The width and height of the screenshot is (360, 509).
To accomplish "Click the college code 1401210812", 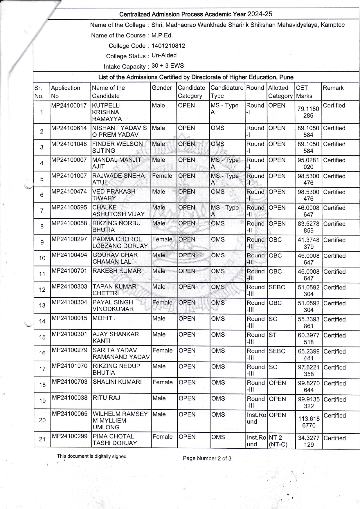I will [168, 46].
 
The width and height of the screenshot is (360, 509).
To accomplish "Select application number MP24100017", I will [69, 106].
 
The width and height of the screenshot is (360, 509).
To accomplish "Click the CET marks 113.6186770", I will [308, 422].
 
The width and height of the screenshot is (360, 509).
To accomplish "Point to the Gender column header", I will [162, 88].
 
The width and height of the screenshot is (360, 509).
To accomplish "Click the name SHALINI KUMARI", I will [117, 382].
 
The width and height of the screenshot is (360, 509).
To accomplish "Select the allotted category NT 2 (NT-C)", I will [278, 441].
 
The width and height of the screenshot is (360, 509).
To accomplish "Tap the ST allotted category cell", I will [273, 335].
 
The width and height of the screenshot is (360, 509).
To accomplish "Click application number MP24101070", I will [70, 366].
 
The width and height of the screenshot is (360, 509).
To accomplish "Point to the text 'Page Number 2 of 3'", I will [207, 459].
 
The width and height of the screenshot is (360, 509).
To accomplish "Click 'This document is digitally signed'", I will [92, 456].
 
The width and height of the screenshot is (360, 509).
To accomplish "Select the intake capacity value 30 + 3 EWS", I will [168, 66].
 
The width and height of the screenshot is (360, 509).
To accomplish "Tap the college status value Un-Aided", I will [164, 55].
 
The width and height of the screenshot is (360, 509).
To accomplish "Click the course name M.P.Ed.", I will [162, 35].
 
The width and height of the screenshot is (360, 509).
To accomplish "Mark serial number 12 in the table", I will [42, 290].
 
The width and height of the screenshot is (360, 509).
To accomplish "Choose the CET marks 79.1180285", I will [308, 112].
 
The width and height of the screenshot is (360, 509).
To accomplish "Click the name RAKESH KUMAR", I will [117, 271].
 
